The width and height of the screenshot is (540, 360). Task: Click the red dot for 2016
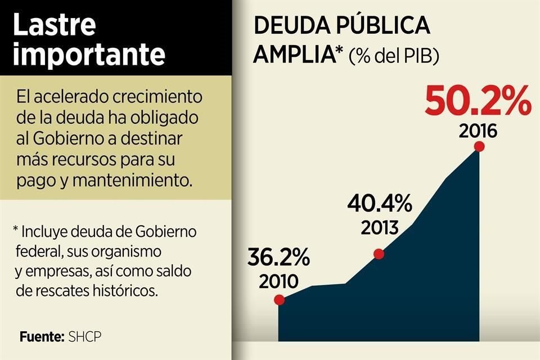pos(479,147)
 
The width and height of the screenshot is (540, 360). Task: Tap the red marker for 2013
pos(379,254)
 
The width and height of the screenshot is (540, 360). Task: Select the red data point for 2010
pos(280,300)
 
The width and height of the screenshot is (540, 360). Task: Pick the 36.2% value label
pos(278,257)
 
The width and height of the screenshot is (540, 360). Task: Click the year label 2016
pos(478,132)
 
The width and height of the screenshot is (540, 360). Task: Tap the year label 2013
pos(380,228)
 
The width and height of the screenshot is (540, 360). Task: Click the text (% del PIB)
pos(394,56)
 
